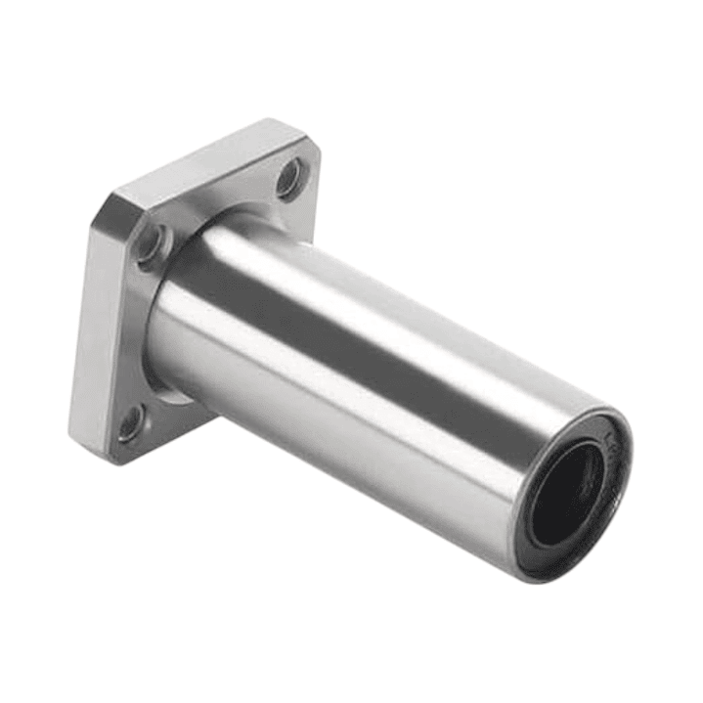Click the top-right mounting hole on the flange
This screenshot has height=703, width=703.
pyautogui.click(x=288, y=179)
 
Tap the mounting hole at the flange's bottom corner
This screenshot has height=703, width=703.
pyautogui.click(x=129, y=423)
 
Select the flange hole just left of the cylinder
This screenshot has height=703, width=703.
pyautogui.click(x=149, y=244)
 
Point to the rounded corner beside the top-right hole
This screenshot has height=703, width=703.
pyautogui.click(x=311, y=156)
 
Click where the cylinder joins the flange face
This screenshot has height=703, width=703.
pyautogui.click(x=166, y=293)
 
